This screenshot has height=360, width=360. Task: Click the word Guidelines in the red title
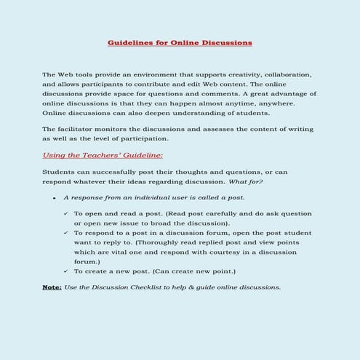click(128, 43)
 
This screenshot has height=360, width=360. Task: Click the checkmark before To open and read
click(67, 214)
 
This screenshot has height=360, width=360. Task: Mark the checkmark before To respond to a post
click(67, 233)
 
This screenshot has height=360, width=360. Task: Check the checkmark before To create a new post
click(67, 271)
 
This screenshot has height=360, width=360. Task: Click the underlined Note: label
click(52, 287)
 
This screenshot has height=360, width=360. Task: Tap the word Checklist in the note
click(159, 287)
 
